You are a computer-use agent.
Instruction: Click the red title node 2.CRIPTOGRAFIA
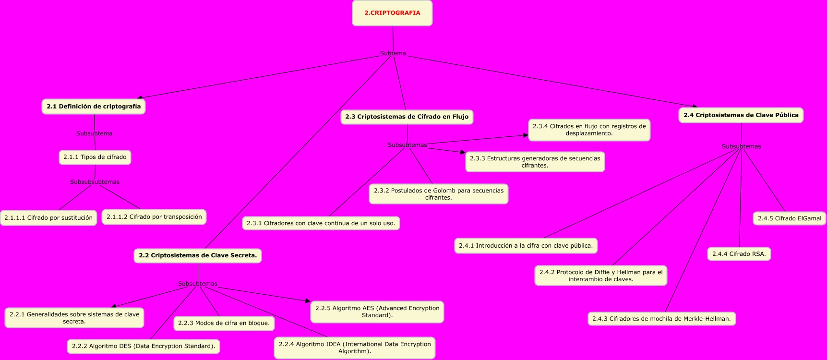tap(392, 13)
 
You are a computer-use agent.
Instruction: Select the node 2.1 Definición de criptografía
tap(94, 107)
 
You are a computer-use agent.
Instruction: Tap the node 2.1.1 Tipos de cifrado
tap(95, 157)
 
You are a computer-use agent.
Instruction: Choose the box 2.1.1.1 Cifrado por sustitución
tap(48, 218)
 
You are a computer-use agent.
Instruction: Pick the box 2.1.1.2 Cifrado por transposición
tap(154, 217)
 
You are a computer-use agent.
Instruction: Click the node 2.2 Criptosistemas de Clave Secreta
tap(198, 255)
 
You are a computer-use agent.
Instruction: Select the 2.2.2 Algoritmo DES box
tap(144, 346)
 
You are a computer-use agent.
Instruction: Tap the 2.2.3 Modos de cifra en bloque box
tap(224, 323)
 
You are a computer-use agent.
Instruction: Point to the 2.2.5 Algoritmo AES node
tap(377, 312)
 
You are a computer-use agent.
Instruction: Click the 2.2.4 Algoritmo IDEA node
tap(355, 348)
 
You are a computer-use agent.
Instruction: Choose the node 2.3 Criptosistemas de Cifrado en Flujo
tap(407, 117)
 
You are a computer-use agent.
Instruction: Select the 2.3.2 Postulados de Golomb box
tap(439, 194)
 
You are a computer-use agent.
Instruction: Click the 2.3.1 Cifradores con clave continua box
tap(321, 223)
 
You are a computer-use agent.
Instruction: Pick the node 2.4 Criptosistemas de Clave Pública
tap(741, 115)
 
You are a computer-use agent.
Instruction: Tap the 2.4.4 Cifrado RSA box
tap(739, 254)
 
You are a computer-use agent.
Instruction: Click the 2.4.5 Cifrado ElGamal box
tap(790, 218)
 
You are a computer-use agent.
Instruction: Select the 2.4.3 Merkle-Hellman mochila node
tap(662, 319)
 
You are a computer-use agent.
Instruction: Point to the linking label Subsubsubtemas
tap(95, 182)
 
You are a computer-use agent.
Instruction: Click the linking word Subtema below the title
tap(393, 53)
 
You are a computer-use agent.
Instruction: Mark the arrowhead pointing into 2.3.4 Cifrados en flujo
tap(526, 135)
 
